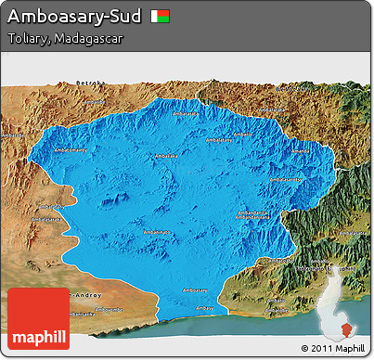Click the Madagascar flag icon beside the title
(x=161, y=17)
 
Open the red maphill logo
(x=37, y=318)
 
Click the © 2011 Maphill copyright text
(x=332, y=348)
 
